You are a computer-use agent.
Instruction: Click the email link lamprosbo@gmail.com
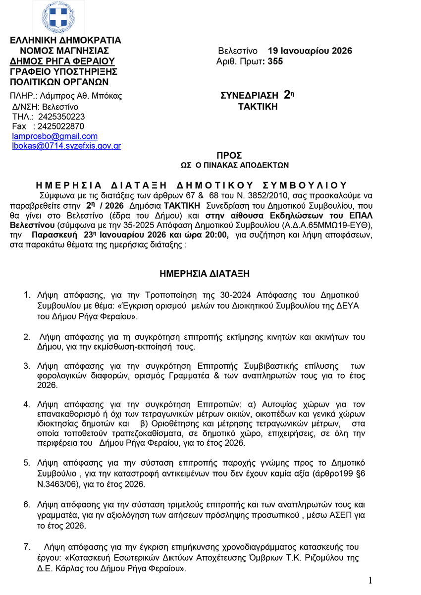click(x=54, y=136)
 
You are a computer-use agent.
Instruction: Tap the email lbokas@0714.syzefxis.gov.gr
click(x=66, y=146)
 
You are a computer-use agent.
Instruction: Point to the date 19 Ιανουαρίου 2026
click(x=310, y=51)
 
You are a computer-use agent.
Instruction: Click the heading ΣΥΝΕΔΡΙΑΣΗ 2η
click(x=258, y=95)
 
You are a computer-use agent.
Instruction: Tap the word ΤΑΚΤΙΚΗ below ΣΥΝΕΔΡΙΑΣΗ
click(x=258, y=107)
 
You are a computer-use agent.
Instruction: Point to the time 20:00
click(x=216, y=235)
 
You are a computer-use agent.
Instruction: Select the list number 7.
click(x=28, y=547)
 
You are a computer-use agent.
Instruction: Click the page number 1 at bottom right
click(x=370, y=581)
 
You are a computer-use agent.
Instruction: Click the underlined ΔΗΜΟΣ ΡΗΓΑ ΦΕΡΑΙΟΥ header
click(x=62, y=61)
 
